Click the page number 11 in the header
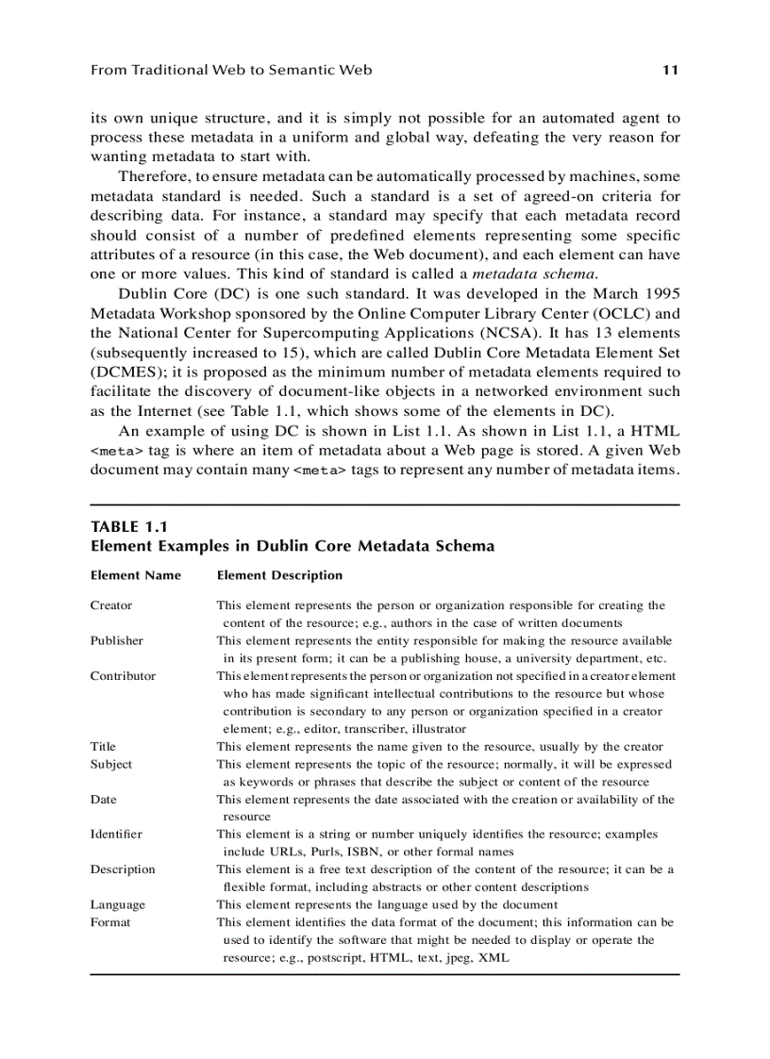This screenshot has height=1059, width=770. [671, 70]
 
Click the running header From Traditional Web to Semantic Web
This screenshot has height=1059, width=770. [231, 70]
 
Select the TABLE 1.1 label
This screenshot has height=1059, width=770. [128, 527]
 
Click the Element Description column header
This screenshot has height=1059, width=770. [279, 575]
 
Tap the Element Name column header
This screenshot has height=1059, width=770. [135, 575]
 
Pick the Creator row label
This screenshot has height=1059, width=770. [111, 605]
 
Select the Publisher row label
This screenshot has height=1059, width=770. [117, 640]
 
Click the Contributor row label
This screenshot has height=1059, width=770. [123, 676]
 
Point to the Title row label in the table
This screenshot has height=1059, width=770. [104, 746]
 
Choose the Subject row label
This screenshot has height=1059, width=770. [111, 764]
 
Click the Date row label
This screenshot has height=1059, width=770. [104, 800]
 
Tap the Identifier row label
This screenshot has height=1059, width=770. [116, 835]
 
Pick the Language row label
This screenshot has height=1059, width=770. [118, 904]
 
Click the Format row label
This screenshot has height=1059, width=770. [110, 922]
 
